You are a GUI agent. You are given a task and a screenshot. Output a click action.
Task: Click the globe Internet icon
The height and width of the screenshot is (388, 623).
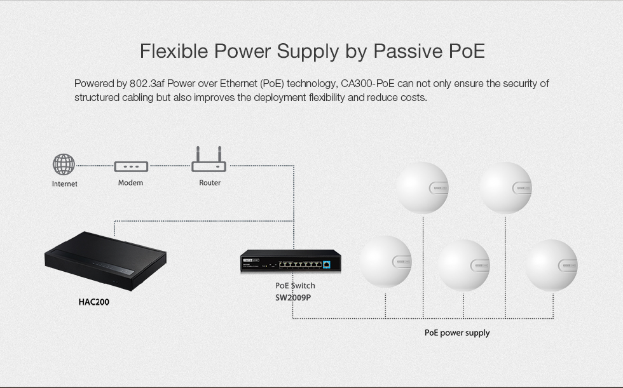pyautogui.click(x=64, y=164)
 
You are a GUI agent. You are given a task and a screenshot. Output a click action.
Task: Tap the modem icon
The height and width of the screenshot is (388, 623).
pyautogui.click(x=131, y=166)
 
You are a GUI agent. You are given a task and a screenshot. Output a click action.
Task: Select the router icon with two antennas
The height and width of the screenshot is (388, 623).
pyautogui.click(x=209, y=159)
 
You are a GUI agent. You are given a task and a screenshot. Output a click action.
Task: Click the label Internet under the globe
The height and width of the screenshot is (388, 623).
pyautogui.click(x=64, y=184)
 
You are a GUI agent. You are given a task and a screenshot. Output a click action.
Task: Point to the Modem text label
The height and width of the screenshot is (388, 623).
pyautogui.click(x=130, y=182)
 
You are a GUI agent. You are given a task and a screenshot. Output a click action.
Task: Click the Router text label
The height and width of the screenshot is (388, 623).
pyautogui.click(x=210, y=182)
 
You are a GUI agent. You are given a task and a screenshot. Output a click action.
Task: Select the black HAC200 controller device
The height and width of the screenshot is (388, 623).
pyautogui.click(x=106, y=261)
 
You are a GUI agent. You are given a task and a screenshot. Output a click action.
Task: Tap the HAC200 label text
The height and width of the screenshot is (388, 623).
pyautogui.click(x=94, y=302)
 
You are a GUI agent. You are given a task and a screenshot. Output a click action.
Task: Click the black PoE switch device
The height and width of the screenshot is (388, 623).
pyautogui.click(x=291, y=260)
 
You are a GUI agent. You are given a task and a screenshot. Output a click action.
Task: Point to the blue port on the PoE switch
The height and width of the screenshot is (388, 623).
pyautogui.click(x=327, y=264)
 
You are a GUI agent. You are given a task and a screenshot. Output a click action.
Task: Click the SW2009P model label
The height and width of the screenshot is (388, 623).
pyautogui.click(x=293, y=298)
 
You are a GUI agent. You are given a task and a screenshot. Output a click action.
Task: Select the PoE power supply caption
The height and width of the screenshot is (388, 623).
pyautogui.click(x=457, y=333)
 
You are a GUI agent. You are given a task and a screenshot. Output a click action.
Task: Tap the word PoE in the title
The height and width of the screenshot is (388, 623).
pyautogui.click(x=467, y=51)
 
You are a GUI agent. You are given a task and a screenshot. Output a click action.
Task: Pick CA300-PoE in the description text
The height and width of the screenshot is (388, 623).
pyautogui.click(x=367, y=83)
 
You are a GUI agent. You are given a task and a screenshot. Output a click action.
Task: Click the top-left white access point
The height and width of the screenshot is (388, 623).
pyautogui.click(x=422, y=187)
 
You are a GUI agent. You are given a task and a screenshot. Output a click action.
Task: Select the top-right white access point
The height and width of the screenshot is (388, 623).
pyautogui.click(x=505, y=187)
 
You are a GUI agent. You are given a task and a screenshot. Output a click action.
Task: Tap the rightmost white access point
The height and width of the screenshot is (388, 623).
pyautogui.click(x=552, y=265)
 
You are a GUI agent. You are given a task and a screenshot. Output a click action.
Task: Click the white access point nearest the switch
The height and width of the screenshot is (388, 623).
pyautogui.click(x=386, y=262)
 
